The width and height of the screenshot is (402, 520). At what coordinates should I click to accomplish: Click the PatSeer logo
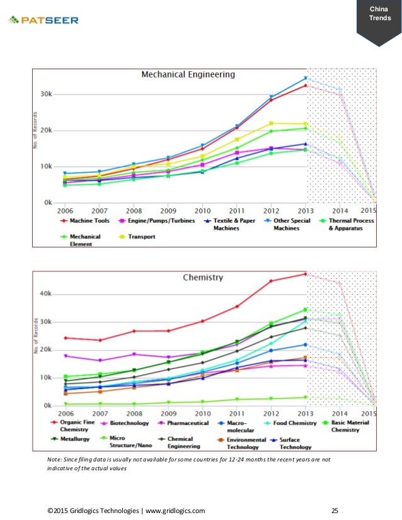[43, 20]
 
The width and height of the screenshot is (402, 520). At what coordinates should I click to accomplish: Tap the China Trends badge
[379, 20]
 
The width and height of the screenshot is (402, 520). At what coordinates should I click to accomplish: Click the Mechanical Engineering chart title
[188, 74]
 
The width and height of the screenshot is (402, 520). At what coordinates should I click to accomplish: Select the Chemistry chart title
[203, 277]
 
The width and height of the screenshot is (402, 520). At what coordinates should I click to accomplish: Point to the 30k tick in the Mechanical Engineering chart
[46, 94]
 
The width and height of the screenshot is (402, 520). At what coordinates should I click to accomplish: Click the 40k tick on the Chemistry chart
[45, 294]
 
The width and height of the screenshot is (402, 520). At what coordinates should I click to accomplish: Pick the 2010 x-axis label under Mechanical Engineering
[202, 211]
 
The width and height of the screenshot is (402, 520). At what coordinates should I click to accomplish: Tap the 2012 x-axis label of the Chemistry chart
[271, 414]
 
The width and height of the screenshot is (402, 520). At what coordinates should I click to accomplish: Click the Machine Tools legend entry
[85, 220]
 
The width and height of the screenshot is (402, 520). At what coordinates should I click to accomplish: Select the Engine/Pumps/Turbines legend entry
[157, 220]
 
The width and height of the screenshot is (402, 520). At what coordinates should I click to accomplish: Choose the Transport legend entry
[137, 237]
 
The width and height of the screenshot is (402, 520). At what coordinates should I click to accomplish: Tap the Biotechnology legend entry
[125, 423]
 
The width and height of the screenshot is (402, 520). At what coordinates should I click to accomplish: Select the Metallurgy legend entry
[70, 439]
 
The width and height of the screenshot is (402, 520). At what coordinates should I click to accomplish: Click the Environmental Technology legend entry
[242, 443]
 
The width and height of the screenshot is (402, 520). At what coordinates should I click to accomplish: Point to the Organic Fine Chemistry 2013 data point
[306, 274]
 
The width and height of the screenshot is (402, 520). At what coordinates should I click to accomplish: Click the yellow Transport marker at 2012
[271, 123]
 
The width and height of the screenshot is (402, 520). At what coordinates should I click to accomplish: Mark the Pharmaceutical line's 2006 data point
[66, 356]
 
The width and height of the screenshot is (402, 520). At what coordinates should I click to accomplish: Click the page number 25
[335, 511]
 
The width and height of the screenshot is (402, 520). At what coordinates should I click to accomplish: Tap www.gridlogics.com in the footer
[175, 511]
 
